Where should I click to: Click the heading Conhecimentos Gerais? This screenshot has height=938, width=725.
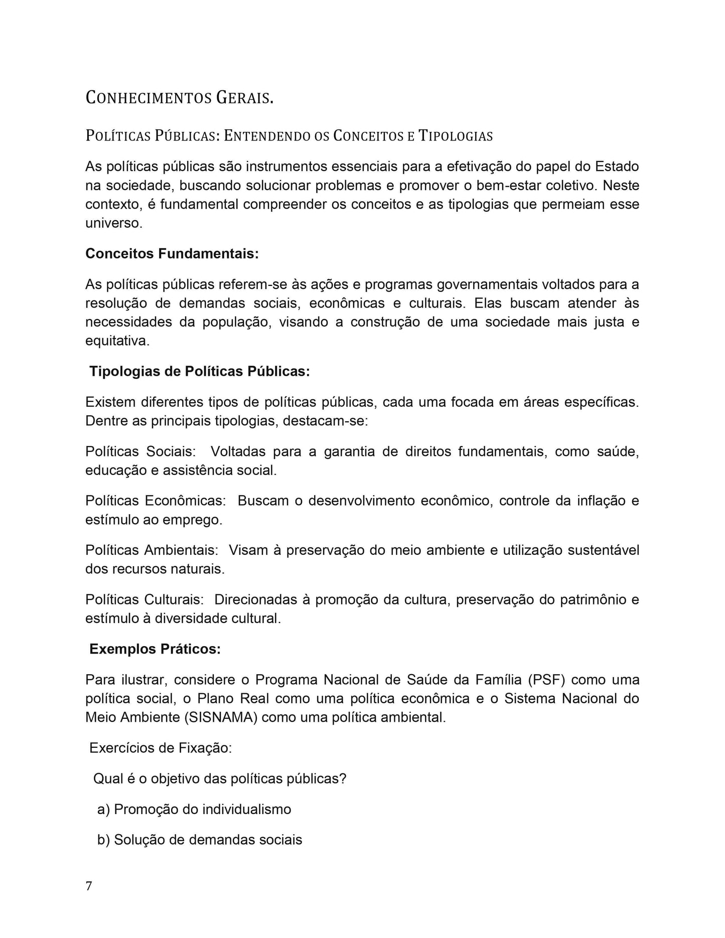pyautogui.click(x=179, y=97)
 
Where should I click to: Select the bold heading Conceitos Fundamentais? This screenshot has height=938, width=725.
pyautogui.click(x=172, y=254)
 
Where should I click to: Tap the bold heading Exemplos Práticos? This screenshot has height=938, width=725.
pyautogui.click(x=155, y=649)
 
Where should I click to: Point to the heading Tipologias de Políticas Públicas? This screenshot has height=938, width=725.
pyautogui.click(x=199, y=372)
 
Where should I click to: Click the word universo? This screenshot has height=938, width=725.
pyautogui.click(x=113, y=223)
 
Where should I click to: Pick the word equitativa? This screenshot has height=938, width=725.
pyautogui.click(x=117, y=341)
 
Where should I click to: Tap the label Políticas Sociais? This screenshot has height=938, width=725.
pyautogui.click(x=140, y=451)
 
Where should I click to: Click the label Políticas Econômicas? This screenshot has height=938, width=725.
pyautogui.click(x=156, y=501)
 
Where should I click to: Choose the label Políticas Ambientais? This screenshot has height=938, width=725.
pyautogui.click(x=152, y=550)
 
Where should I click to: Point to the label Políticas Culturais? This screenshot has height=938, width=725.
pyautogui.click(x=144, y=599)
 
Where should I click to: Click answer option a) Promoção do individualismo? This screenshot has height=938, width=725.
pyautogui.click(x=194, y=809)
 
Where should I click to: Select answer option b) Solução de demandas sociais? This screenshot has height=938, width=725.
pyautogui.click(x=200, y=840)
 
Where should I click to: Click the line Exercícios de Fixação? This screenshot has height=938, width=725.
pyautogui.click(x=161, y=748)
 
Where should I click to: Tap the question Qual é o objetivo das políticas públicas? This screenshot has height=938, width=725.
pyautogui.click(x=220, y=778)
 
